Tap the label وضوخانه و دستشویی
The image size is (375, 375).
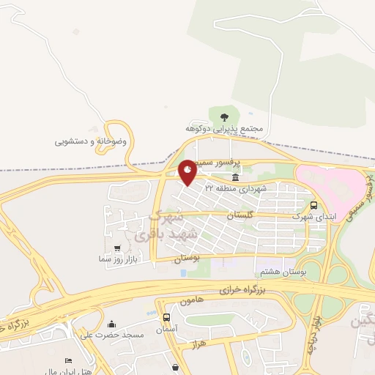point(91,141)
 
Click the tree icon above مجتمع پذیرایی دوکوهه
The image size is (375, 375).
point(223,116)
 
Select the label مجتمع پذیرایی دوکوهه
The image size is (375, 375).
point(223,129)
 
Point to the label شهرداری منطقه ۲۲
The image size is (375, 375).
point(236,188)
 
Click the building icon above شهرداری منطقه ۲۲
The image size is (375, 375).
point(234,178)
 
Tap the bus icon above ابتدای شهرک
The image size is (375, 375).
point(313,205)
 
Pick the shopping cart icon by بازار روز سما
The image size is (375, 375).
point(118,249)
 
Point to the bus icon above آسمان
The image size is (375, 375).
point(167,318)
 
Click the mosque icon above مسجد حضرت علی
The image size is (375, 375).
point(112,324)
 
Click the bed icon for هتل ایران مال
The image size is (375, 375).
point(67,362)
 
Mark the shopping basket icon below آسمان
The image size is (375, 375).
point(175,367)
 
